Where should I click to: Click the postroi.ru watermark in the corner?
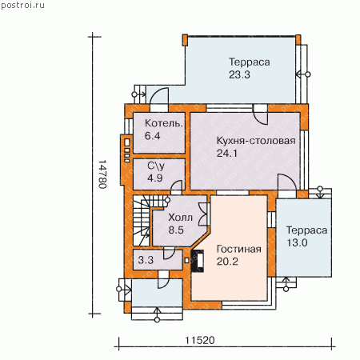pyautogui.click(x=22, y=5)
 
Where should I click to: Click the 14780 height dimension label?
pyautogui.click(x=102, y=174)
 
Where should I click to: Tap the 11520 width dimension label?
pyautogui.click(x=200, y=340)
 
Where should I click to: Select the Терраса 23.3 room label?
pyautogui.click(x=250, y=68)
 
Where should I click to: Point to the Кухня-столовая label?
pyautogui.click(x=256, y=141)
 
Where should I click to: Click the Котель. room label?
pyautogui.click(x=164, y=123)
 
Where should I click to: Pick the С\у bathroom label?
pyautogui.click(x=156, y=166)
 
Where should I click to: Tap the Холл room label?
pyautogui.click(x=181, y=218)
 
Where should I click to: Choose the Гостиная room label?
pyautogui.click(x=239, y=249)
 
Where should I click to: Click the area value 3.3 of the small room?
pyautogui.click(x=146, y=260)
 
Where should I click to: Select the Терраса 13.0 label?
pyautogui.click(x=306, y=236)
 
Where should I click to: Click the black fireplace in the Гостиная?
pyautogui.click(x=198, y=261)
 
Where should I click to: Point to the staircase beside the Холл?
pyautogui.click(x=142, y=220)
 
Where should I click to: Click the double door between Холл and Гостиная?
pyautogui.click(x=203, y=214)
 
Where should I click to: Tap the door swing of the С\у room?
pyautogui.click(x=177, y=186)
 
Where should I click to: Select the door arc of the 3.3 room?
pyautogui.click(x=169, y=254)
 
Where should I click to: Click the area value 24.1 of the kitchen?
pyautogui.click(x=226, y=154)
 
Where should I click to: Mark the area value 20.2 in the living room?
pyautogui.click(x=227, y=262)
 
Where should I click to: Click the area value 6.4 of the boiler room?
pyautogui.click(x=152, y=136)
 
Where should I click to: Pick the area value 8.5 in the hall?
pyautogui.click(x=176, y=230)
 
